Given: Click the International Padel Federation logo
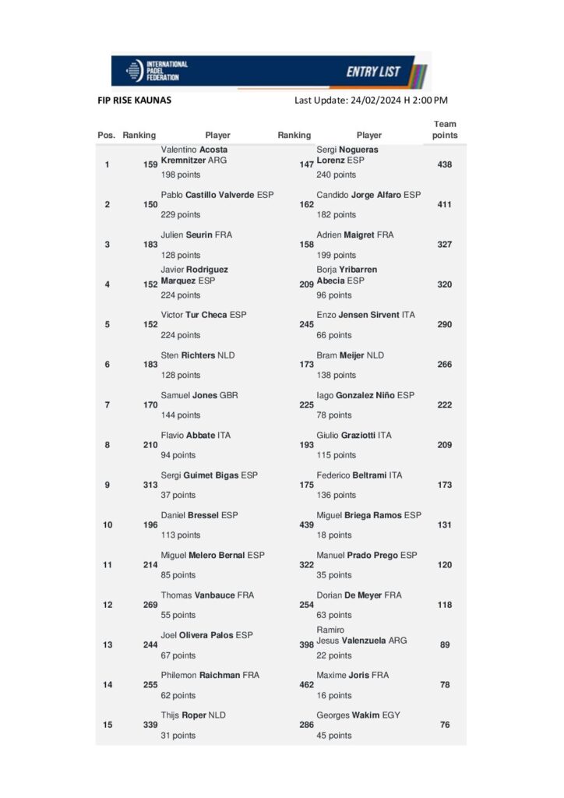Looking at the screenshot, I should click(157, 71).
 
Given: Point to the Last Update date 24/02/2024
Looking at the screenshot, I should click(370, 100).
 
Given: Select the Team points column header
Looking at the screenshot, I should click(445, 129).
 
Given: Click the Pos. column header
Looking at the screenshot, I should click(107, 136).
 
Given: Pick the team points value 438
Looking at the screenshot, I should click(445, 164).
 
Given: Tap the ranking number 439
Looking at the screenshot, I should click(306, 524).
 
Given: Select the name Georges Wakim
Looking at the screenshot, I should click(348, 715).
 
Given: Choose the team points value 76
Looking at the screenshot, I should click(445, 725).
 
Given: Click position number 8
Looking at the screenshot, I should click(107, 444).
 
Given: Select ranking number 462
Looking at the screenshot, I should click(306, 685).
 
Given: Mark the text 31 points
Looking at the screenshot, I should click(178, 736).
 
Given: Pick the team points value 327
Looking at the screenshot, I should click(445, 245).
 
